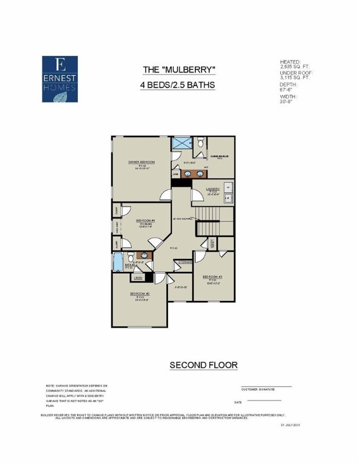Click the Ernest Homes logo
point(59,77)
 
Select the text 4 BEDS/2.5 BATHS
point(178,86)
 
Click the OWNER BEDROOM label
point(141,162)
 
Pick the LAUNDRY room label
point(213,189)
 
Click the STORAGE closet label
point(185,262)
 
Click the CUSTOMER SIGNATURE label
point(258,390)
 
